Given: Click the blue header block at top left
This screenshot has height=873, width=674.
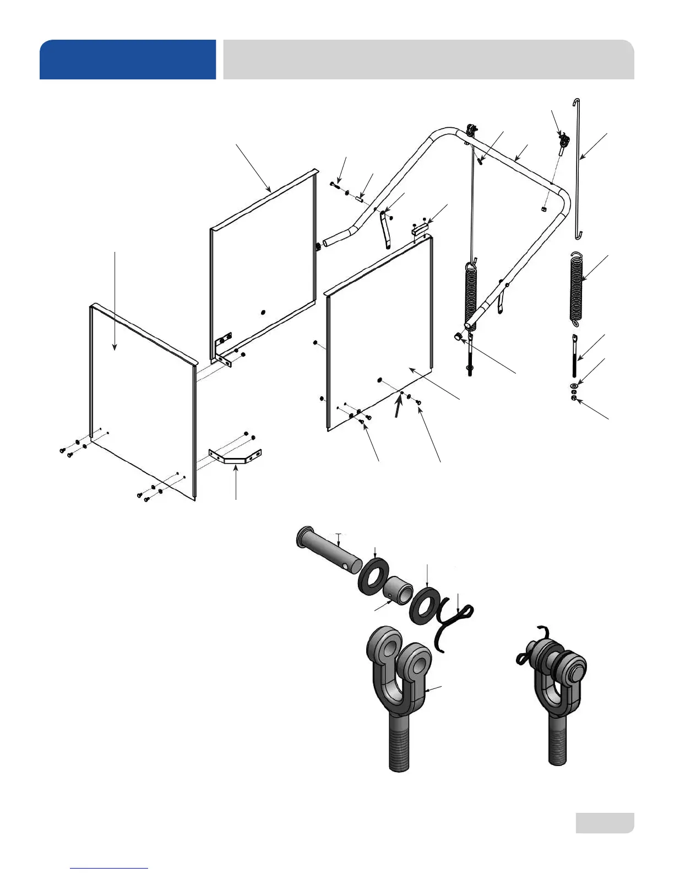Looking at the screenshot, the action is [128, 60].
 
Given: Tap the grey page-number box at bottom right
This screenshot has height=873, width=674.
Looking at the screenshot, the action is [605, 822].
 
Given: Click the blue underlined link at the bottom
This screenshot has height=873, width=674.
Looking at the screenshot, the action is [109, 868].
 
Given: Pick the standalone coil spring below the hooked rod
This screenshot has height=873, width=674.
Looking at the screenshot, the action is [576, 287].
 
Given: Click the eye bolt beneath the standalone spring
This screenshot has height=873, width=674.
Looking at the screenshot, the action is [574, 355].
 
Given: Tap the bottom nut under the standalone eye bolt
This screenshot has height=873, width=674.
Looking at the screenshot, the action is [574, 398].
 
